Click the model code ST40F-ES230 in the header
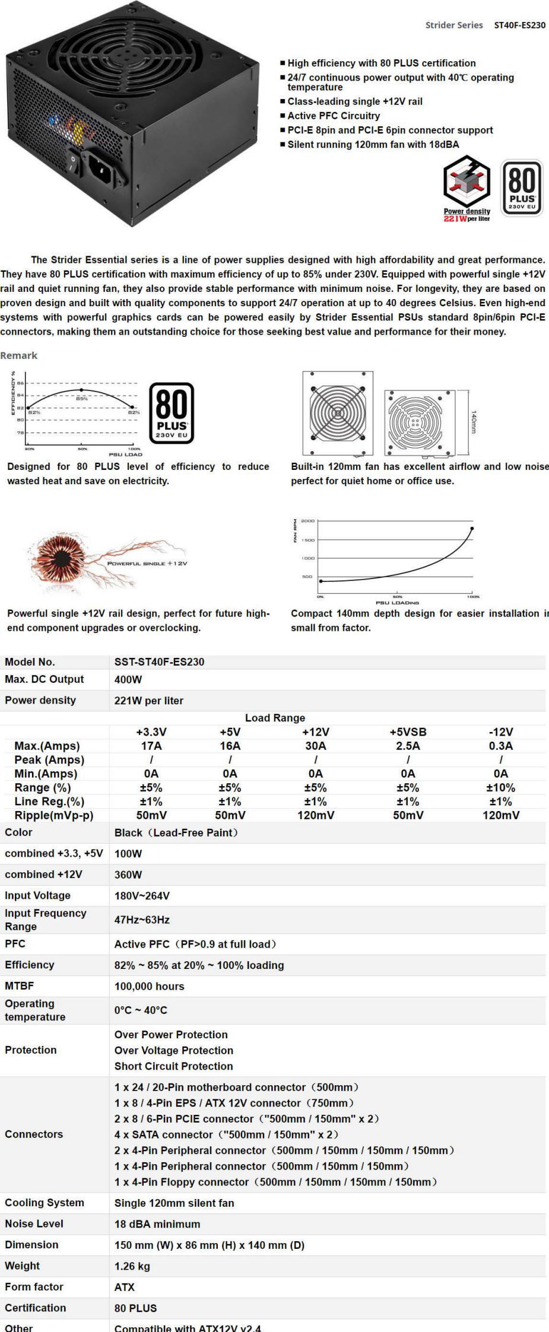[519, 25]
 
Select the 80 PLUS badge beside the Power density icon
[522, 187]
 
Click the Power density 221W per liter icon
[467, 188]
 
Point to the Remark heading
[19, 355]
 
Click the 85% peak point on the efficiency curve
[81, 390]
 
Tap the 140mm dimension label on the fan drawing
[474, 421]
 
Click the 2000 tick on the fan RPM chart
[307, 521]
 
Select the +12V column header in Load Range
[315, 732]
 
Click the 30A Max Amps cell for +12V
[315, 746]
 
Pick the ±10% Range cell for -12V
[500, 788]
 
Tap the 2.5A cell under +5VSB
[408, 746]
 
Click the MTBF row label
[20, 986]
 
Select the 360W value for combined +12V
[128, 875]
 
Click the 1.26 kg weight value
[132, 1266]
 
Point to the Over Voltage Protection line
[173, 1050]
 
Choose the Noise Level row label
[34, 1223]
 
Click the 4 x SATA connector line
[226, 1134]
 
